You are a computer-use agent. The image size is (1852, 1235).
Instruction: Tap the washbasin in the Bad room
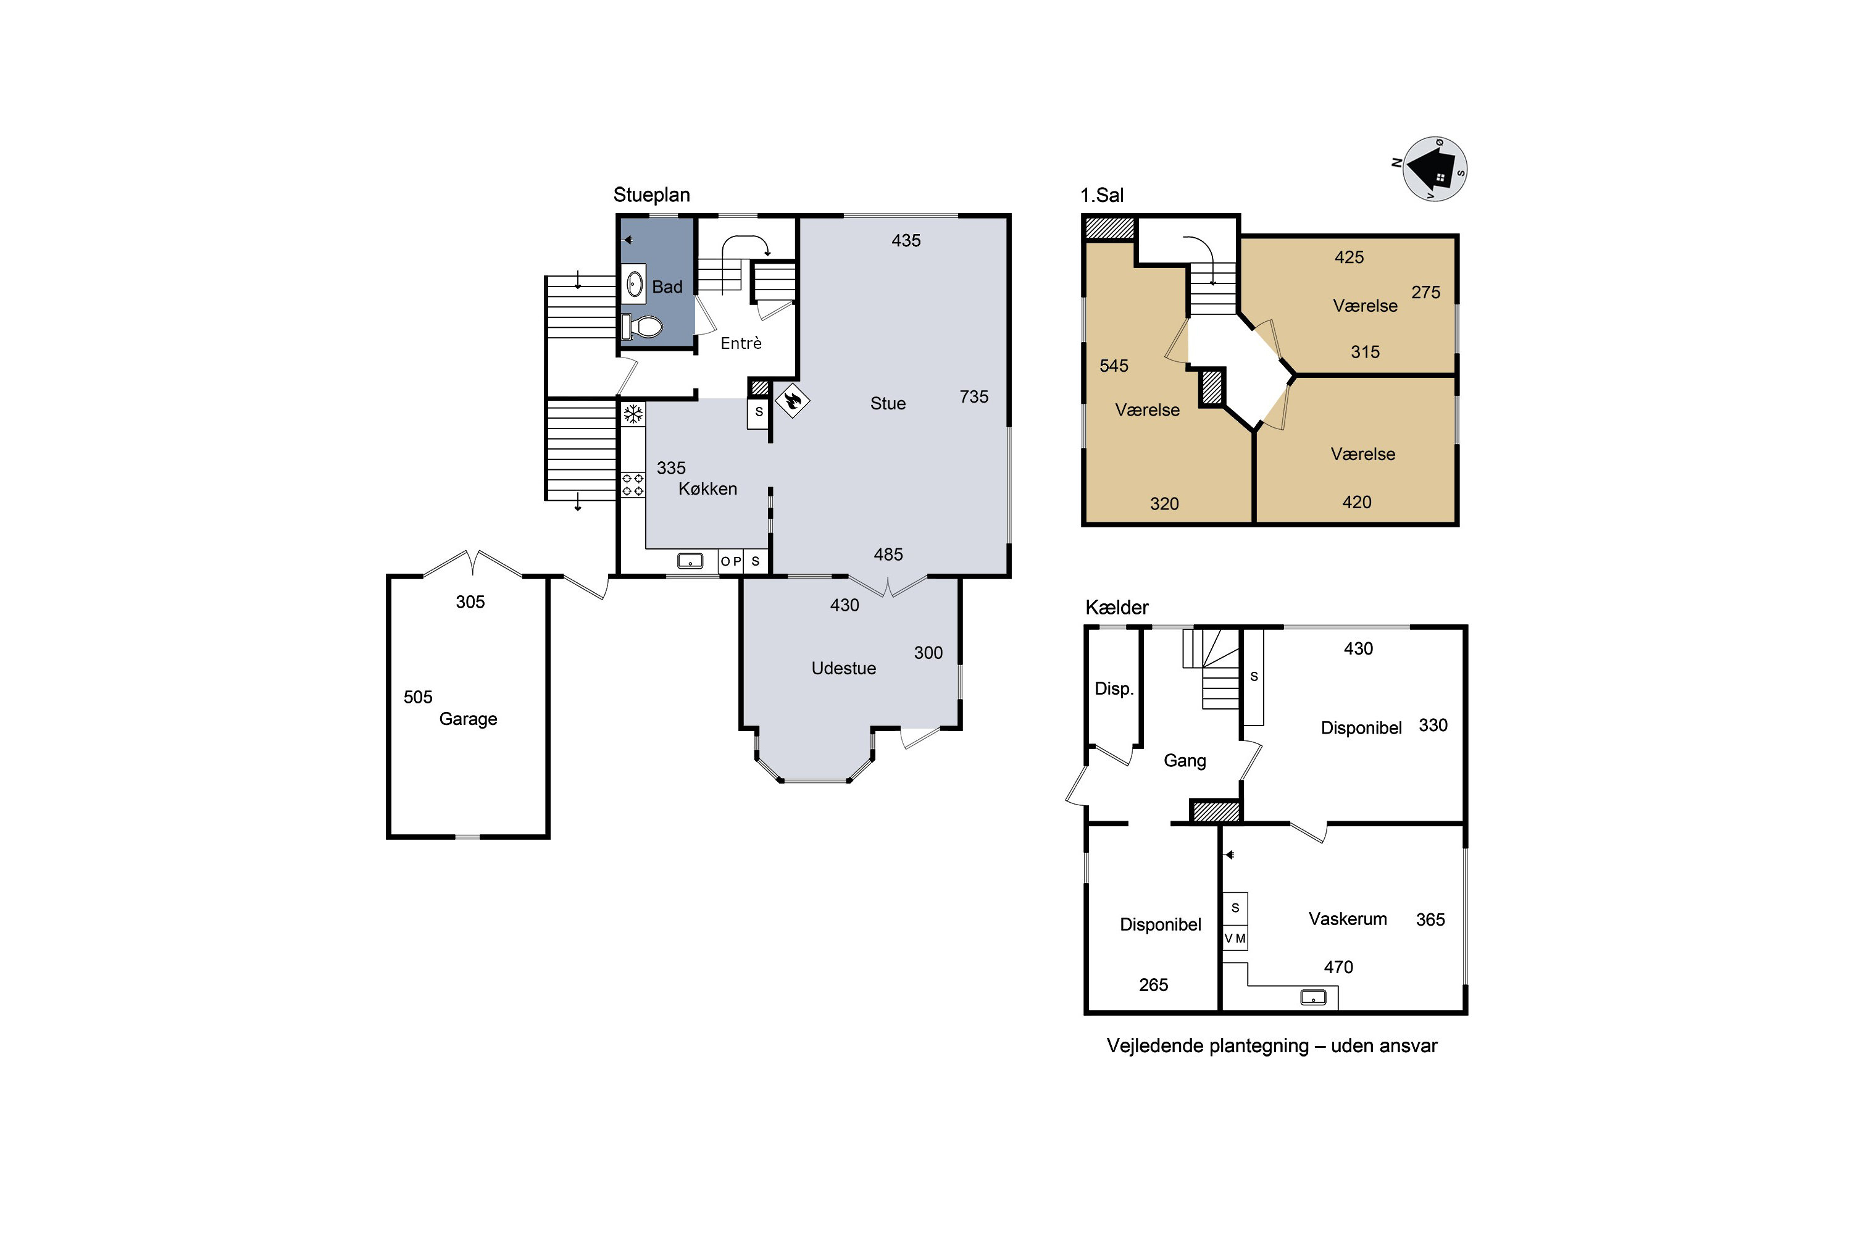pyautogui.click(x=635, y=283)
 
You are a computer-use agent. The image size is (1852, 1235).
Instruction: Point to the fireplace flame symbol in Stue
pyautogui.click(x=792, y=401)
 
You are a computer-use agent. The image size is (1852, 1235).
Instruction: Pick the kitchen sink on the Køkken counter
pyautogui.click(x=691, y=561)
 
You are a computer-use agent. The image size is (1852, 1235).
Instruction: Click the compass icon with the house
pyautogui.click(x=1435, y=169)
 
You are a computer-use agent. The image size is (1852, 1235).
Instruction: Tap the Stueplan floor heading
pyautogui.click(x=651, y=195)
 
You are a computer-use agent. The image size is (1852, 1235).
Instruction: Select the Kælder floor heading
pyautogui.click(x=1117, y=607)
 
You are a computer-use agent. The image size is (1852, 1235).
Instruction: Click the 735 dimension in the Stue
pyautogui.click(x=974, y=397)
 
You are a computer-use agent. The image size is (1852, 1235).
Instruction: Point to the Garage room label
pyautogui.click(x=468, y=719)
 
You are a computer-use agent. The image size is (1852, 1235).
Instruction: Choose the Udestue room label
pyautogui.click(x=843, y=668)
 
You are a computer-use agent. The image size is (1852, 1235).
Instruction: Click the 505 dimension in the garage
pyautogui.click(x=418, y=697)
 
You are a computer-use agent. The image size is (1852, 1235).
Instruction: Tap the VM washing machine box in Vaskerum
pyautogui.click(x=1235, y=938)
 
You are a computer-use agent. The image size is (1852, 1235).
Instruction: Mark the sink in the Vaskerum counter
pyautogui.click(x=1312, y=997)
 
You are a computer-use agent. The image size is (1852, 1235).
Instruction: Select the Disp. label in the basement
pyautogui.click(x=1114, y=689)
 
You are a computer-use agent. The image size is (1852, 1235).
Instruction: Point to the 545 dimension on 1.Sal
pyautogui.click(x=1114, y=366)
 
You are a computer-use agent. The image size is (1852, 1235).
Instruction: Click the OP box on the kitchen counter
pyautogui.click(x=731, y=561)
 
